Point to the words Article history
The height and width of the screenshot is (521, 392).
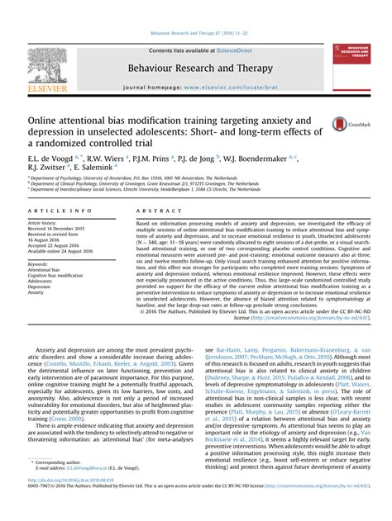tap(42, 223)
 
